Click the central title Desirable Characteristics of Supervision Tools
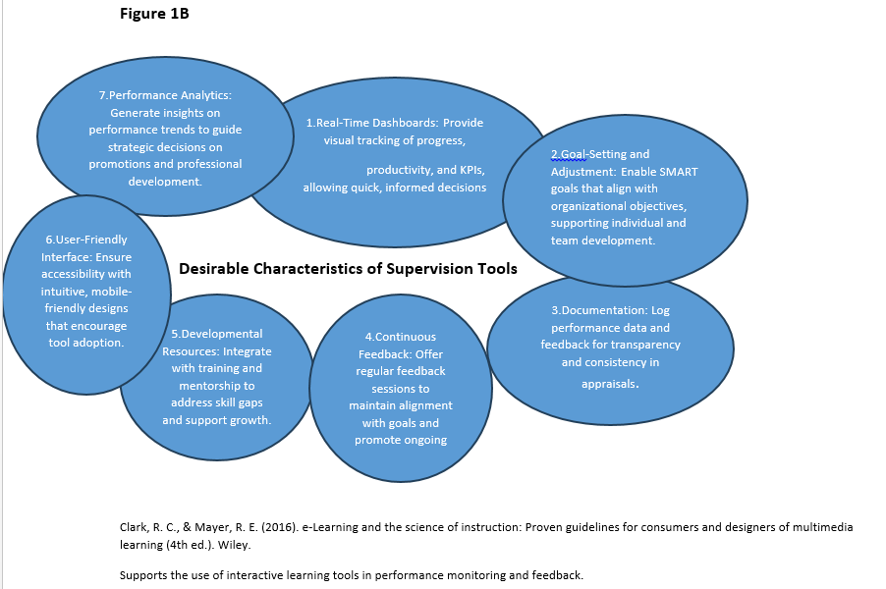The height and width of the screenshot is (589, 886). click(348, 268)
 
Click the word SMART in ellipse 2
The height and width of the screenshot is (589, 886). click(677, 172)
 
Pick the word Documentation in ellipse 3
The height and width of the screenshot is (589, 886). click(598, 310)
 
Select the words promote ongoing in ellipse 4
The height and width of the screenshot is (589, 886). click(400, 440)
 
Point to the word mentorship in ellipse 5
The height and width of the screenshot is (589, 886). click(216, 386)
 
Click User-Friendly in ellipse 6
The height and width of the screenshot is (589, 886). click(89, 240)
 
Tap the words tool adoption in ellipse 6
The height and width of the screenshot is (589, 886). click(85, 343)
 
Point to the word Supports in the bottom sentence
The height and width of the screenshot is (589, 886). click(143, 575)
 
